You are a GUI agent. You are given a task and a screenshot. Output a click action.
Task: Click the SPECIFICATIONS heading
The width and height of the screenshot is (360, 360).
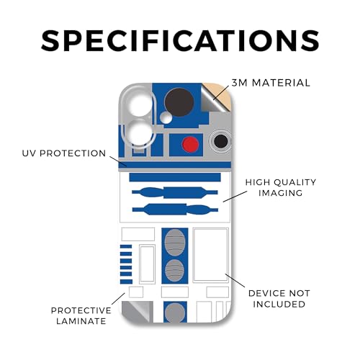[x=180, y=40]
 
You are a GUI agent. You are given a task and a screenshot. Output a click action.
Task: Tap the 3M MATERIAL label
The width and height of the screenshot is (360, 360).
[x=271, y=83]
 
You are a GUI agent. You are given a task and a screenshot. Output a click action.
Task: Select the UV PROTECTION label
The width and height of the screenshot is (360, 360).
[x=64, y=153]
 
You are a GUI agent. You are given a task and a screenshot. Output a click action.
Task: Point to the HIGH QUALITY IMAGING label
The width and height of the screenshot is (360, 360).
[x=281, y=187]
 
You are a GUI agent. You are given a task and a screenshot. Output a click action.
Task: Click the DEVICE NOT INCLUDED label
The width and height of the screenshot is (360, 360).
[x=279, y=299]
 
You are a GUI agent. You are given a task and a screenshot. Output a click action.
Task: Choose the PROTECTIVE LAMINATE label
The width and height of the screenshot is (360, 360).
[x=81, y=315]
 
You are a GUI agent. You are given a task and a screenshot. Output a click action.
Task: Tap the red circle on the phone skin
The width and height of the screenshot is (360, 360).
[x=190, y=145]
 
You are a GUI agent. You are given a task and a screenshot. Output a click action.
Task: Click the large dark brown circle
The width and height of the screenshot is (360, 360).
[x=179, y=102]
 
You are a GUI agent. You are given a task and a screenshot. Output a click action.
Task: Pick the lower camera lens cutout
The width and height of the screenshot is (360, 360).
[x=138, y=133]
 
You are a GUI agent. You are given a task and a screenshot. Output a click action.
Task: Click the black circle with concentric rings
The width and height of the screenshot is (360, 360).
[x=220, y=141]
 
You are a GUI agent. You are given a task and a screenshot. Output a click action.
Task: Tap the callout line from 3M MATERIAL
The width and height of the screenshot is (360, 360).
[x=221, y=92]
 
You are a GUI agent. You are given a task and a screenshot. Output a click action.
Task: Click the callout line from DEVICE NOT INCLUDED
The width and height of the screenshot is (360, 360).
[x=235, y=280]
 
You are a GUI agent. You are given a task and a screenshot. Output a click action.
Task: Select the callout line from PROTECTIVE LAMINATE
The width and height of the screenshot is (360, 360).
[x=119, y=299]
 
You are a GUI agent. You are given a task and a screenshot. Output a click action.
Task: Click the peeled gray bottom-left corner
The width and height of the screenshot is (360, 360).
[x=138, y=312]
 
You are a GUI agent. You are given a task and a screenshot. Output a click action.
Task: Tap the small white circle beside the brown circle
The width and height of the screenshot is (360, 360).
[x=166, y=117]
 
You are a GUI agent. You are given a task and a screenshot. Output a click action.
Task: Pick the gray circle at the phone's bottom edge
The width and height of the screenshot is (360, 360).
[x=175, y=312]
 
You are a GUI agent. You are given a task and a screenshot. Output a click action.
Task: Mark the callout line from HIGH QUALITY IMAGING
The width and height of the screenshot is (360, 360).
[x=235, y=197]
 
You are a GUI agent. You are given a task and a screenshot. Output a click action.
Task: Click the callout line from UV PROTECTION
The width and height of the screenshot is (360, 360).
[x=118, y=161]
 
